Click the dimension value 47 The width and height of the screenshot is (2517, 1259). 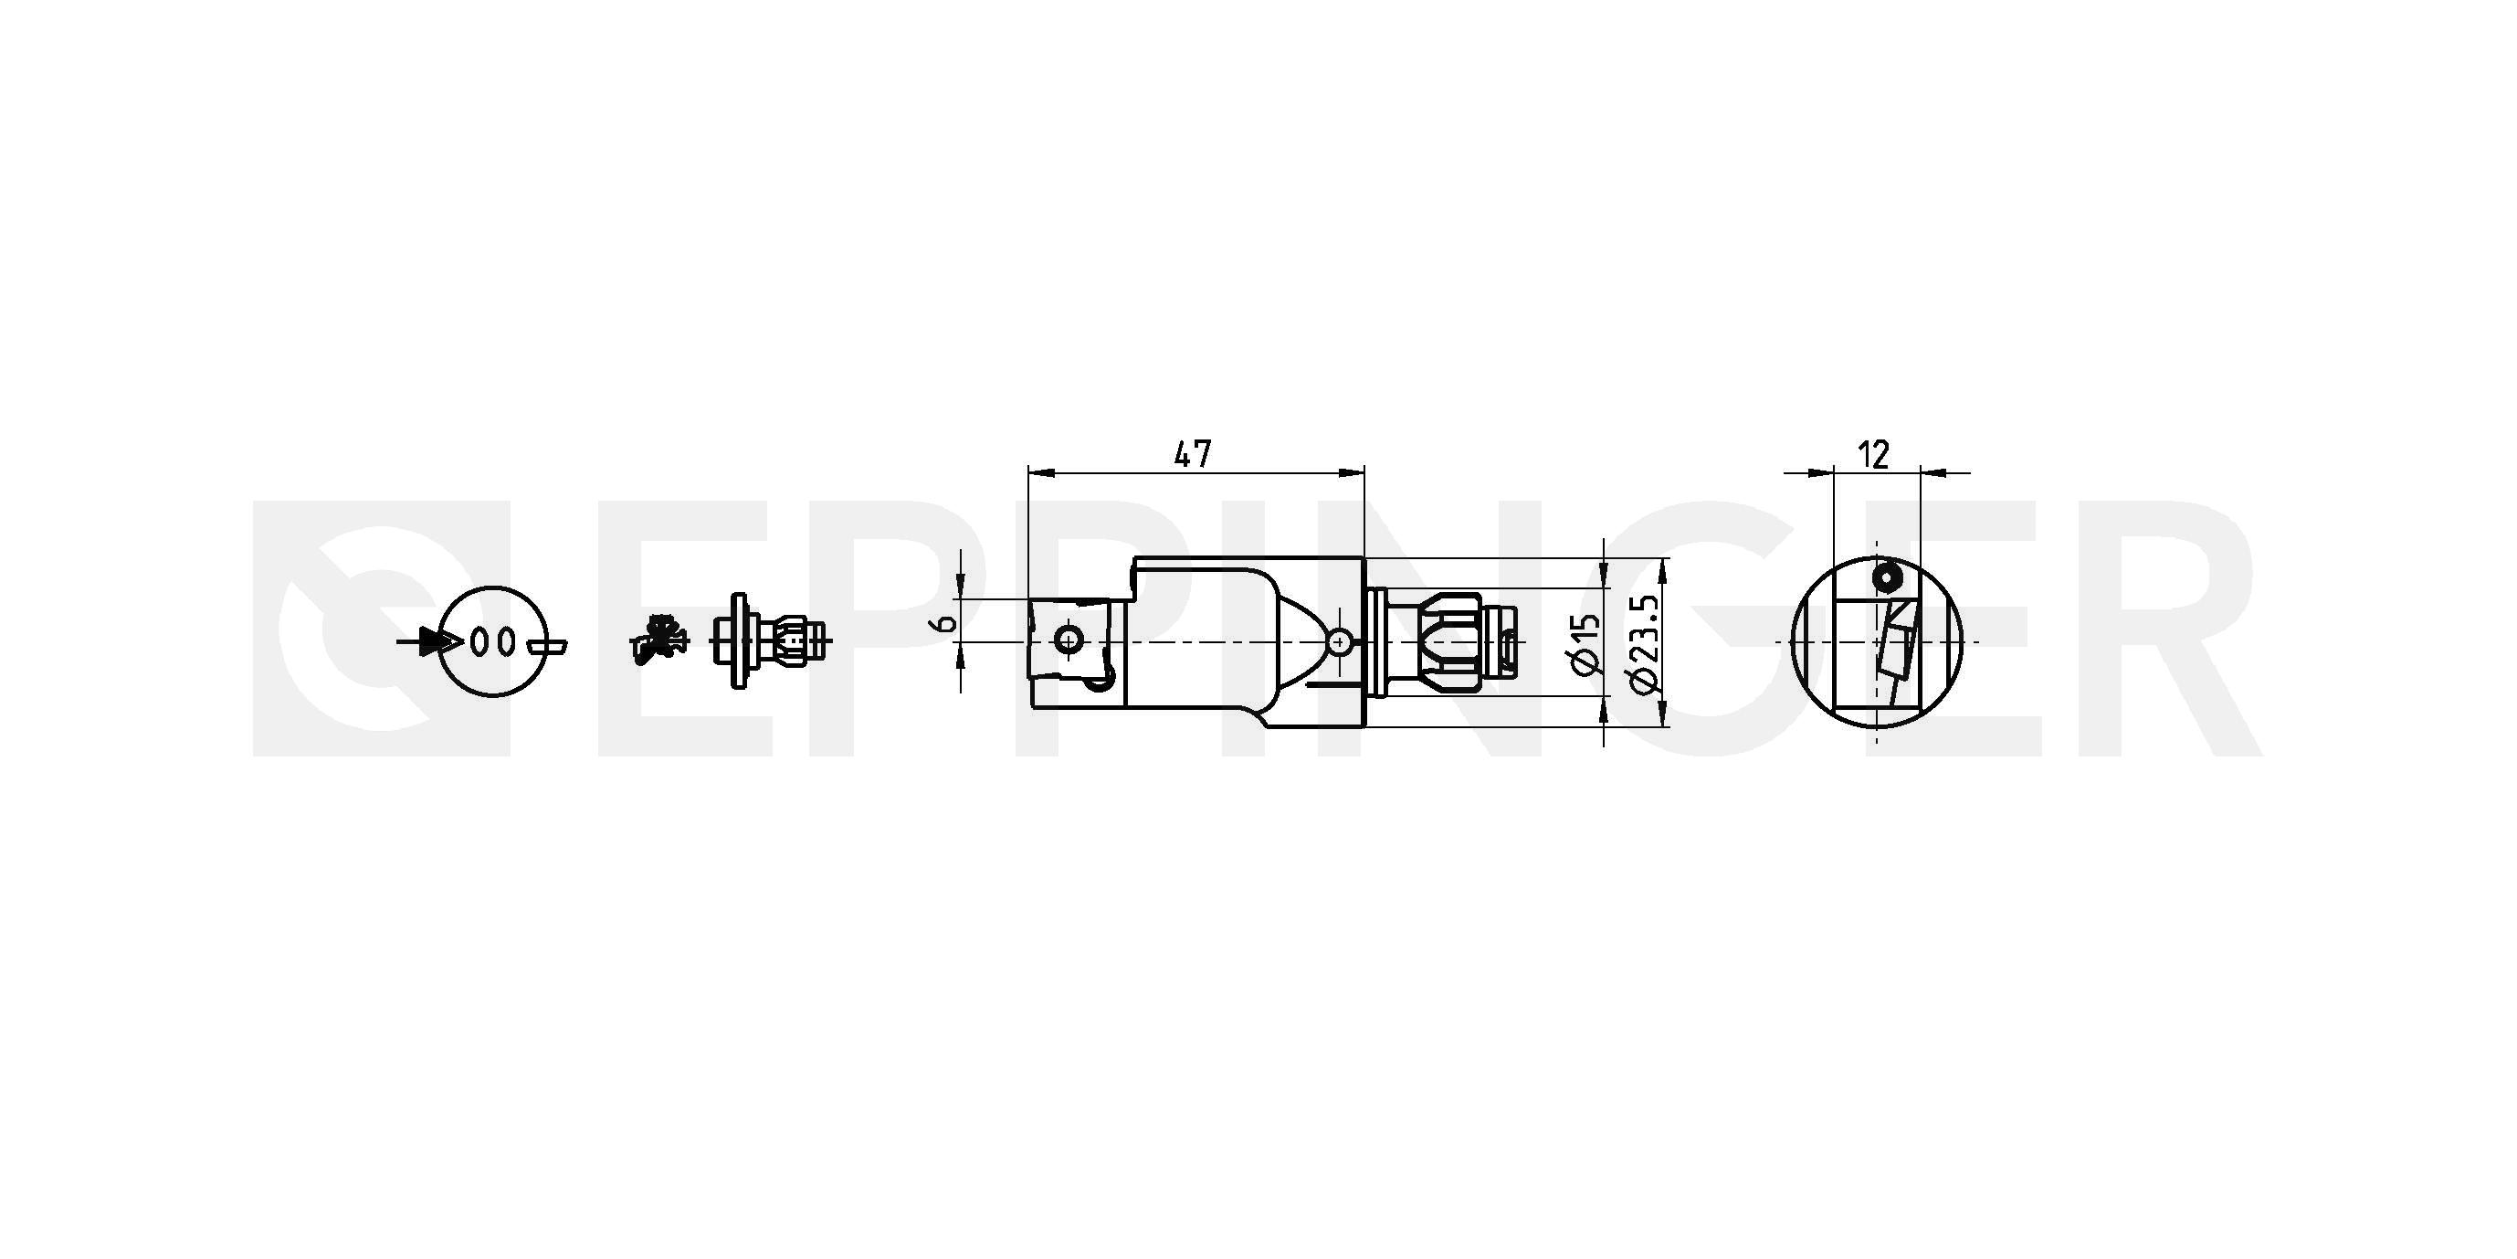[1192, 453]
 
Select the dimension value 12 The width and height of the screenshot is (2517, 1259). [1873, 454]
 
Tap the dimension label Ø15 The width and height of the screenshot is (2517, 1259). [1585, 645]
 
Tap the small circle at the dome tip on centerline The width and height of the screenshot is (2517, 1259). [1342, 641]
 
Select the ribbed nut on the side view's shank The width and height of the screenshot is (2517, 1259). [1449, 642]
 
